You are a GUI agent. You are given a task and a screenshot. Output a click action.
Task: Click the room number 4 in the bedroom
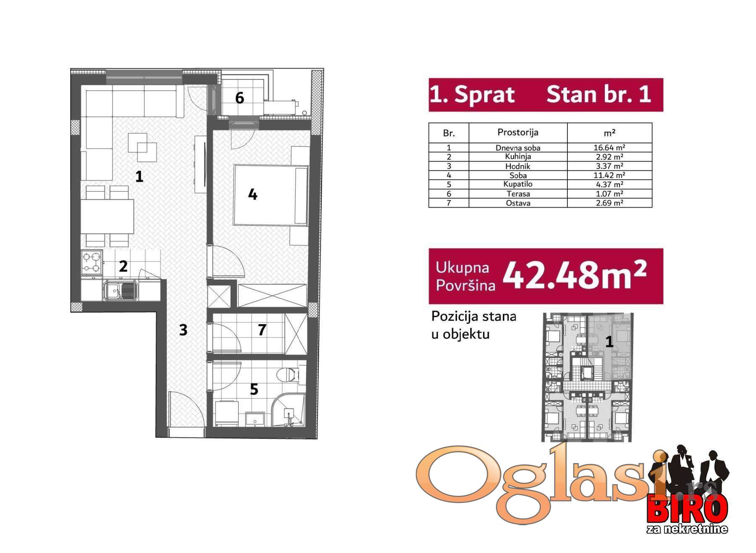252,194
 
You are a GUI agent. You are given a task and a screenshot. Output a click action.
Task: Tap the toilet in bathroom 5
289,374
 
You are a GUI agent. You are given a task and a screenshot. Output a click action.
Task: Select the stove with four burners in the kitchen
92,262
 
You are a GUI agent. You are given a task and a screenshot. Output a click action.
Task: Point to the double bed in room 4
271,195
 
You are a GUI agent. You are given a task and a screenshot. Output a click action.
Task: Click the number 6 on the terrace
239,98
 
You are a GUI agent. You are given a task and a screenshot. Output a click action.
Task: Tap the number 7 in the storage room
262,330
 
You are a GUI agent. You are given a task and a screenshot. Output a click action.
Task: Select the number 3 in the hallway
183,330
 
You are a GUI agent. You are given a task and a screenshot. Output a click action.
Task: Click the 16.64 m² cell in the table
609,148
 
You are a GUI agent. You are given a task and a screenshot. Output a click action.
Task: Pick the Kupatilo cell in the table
518,184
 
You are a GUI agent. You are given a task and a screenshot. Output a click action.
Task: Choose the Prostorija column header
518,132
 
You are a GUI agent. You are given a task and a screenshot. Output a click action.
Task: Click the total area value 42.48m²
574,275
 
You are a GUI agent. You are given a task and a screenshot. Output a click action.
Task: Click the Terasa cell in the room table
518,194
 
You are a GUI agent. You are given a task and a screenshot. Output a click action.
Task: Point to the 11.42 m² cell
609,175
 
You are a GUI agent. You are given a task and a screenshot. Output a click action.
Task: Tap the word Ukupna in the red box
462,267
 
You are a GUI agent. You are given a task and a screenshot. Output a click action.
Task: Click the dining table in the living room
107,217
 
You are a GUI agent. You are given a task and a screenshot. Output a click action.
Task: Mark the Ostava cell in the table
518,203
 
